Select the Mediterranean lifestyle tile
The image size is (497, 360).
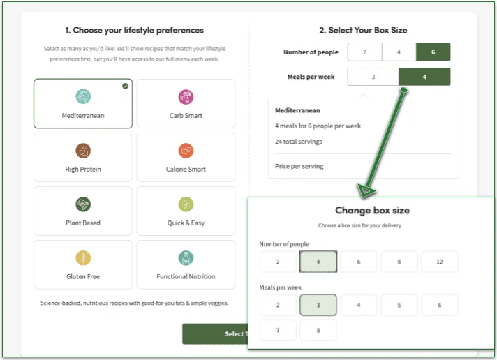tap(82, 103)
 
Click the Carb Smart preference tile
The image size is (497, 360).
tap(186, 103)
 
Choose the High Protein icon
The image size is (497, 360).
tap(83, 151)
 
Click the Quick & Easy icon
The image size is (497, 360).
tap(186, 204)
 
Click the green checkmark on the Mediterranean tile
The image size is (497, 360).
tap(125, 86)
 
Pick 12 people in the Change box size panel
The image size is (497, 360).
tap(440, 262)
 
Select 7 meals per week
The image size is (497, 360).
tap(278, 330)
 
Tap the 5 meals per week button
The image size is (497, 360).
tap(399, 305)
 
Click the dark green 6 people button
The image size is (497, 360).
tap(433, 52)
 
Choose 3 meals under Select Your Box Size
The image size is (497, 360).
tap(373, 77)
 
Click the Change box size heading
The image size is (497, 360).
tap(372, 210)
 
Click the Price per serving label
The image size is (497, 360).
tap(299, 166)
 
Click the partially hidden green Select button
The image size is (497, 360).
tap(214, 333)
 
